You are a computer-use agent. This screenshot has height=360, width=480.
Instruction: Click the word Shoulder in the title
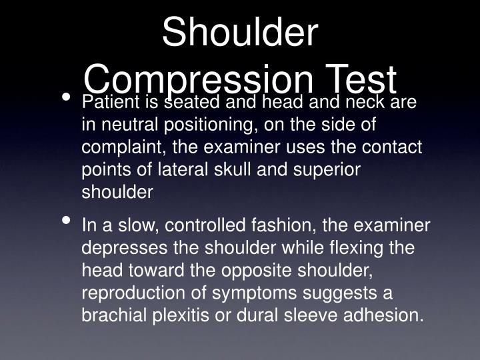(x=240, y=33)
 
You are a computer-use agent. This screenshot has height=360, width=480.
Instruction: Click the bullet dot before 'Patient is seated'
(x=66, y=98)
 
